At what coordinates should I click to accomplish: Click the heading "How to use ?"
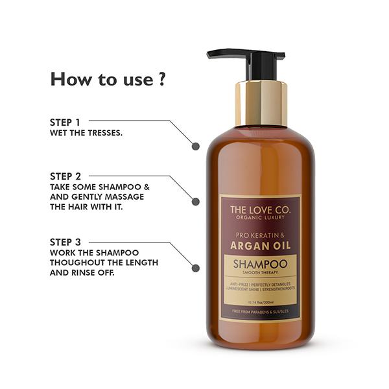[x=108, y=80]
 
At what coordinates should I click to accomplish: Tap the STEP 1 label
[x=65, y=121]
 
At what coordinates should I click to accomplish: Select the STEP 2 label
[x=65, y=176]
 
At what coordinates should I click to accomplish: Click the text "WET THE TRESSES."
[x=86, y=133]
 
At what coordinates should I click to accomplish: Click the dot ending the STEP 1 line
[x=195, y=147]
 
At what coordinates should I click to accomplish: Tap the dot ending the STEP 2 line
[x=195, y=202]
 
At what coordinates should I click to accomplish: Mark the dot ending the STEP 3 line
[x=195, y=268]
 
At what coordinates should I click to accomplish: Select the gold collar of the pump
[x=261, y=102]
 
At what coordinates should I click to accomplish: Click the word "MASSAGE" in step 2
[x=127, y=197]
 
